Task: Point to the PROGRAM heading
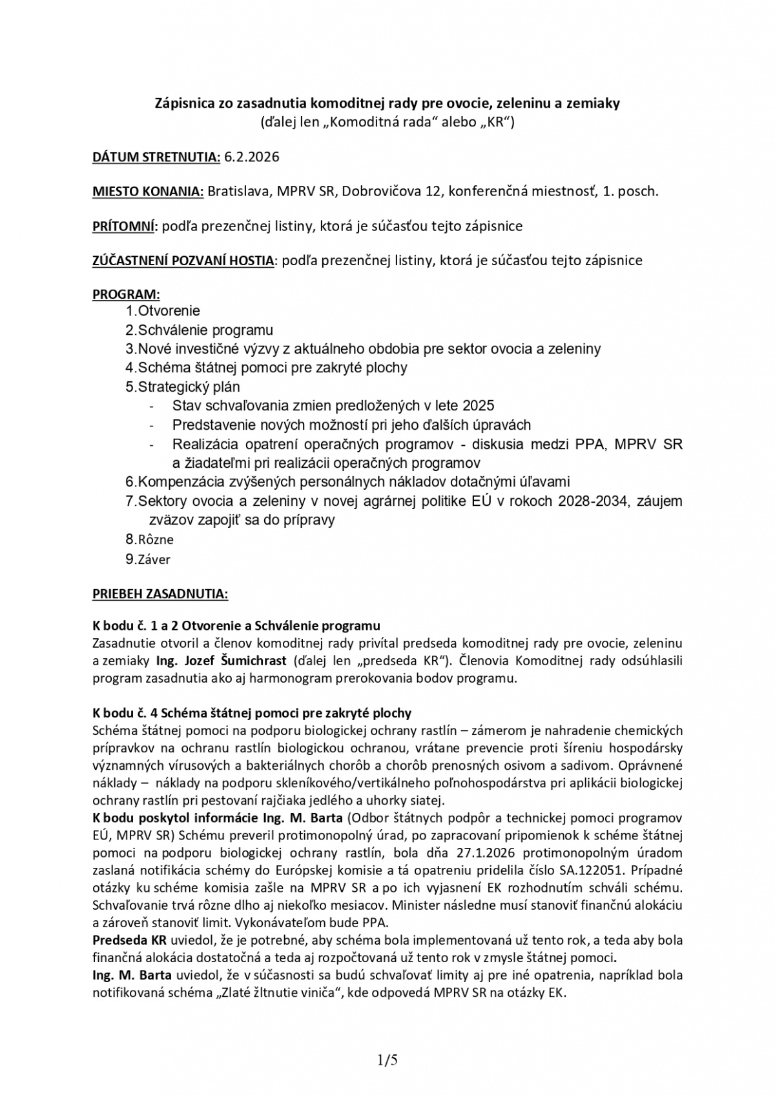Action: tap(126, 295)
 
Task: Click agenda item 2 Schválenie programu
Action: tap(199, 330)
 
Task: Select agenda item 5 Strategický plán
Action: tap(183, 387)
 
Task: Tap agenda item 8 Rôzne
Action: tap(150, 539)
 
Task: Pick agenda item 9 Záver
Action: tap(148, 559)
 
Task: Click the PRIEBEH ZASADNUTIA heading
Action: tap(160, 594)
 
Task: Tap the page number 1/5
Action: tap(387, 1060)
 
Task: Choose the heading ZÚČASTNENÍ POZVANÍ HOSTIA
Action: tap(183, 261)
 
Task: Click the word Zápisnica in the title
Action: tap(183, 103)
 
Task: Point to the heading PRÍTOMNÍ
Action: tap(124, 226)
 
